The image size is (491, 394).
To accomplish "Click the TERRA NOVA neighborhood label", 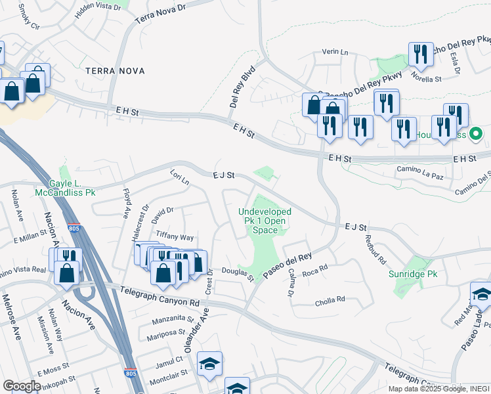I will coord(114,70).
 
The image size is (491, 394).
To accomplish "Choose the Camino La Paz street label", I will coord(421,169).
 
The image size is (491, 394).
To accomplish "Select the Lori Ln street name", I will coord(179,177).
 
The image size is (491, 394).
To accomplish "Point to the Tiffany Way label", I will coord(174,237).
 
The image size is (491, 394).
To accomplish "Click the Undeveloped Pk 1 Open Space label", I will coord(265,221).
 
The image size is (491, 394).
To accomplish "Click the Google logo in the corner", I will coord(22,385).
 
